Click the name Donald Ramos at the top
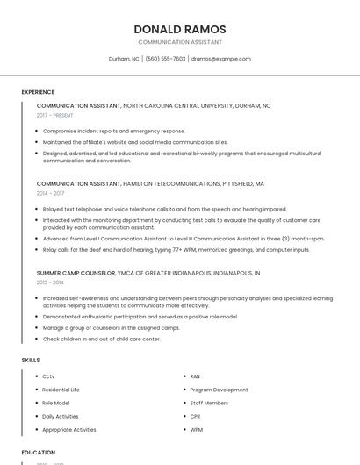[180, 29]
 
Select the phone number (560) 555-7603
[166, 59]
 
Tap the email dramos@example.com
[221, 59]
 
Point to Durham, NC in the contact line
[124, 59]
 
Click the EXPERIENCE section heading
[38, 92]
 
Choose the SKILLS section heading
[31, 361]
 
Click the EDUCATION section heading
[38, 453]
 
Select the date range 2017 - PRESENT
[55, 115]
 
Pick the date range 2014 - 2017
[50, 193]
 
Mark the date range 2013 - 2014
[50, 283]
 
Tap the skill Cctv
[48, 376]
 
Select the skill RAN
[195, 376]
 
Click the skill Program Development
[219, 390]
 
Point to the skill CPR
[196, 417]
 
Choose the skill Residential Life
[61, 390]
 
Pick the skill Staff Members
[209, 403]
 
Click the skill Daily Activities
[61, 417]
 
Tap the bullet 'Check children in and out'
[102, 339]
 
